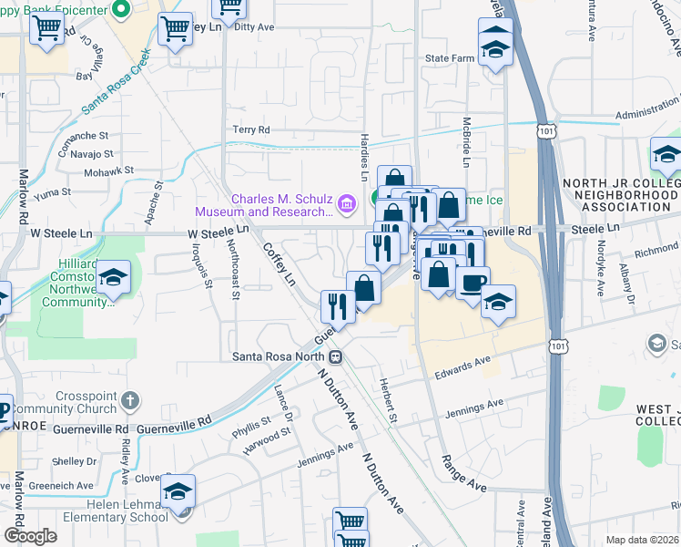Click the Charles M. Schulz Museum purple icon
pyautogui.click(x=347, y=205)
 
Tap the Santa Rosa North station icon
pyautogui.click(x=336, y=356)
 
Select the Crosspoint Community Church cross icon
pyautogui.click(x=130, y=399)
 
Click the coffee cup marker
pyautogui.click(x=471, y=283)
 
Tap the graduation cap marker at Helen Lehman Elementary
pyautogui.click(x=178, y=492)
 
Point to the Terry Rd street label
pyautogui.click(x=252, y=130)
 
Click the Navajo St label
pyautogui.click(x=91, y=155)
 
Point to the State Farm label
pyautogui.click(x=449, y=58)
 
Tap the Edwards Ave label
pyautogui.click(x=462, y=366)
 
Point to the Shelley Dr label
pyautogui.click(x=74, y=436)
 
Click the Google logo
pyautogui.click(x=30, y=536)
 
